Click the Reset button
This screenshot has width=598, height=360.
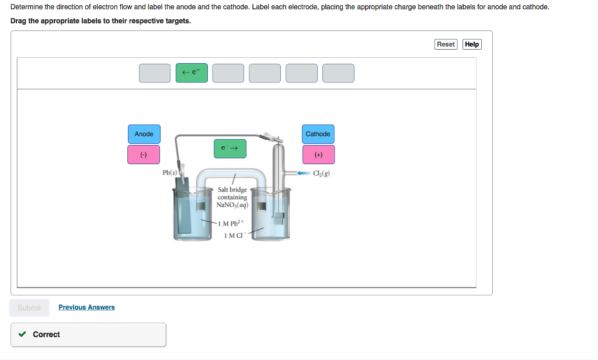(x=446, y=44)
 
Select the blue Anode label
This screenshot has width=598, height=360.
(x=144, y=134)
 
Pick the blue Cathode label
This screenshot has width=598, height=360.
(x=318, y=134)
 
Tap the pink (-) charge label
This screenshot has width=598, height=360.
(x=144, y=155)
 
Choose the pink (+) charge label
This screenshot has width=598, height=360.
(x=318, y=155)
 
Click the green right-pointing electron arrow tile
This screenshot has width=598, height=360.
(x=230, y=148)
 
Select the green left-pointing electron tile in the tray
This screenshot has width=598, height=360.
(x=192, y=73)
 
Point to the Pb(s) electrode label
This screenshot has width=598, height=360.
(x=169, y=173)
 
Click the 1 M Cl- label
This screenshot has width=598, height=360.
(x=233, y=236)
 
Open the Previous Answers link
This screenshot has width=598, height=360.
(x=86, y=307)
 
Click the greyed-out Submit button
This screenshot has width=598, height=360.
(x=29, y=308)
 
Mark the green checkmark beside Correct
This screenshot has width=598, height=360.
(x=22, y=334)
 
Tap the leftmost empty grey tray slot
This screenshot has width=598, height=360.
(x=155, y=73)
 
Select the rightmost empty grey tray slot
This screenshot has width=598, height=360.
(x=338, y=73)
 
